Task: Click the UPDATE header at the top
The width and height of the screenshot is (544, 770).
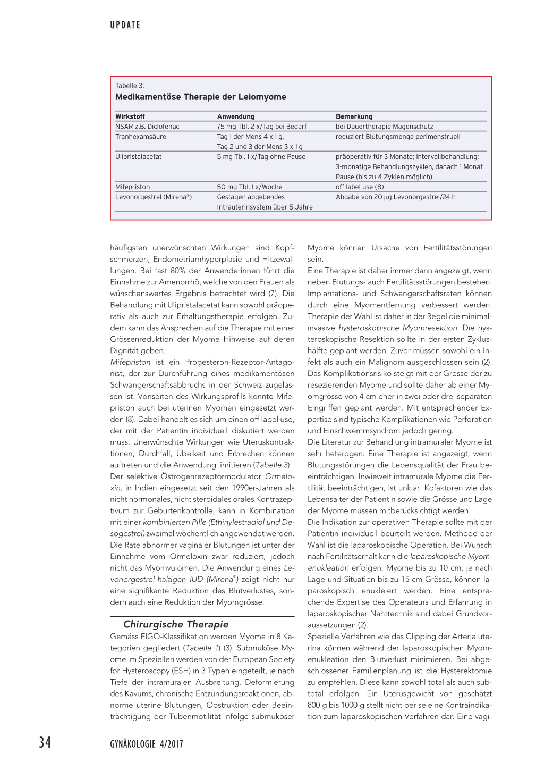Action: point(125,25)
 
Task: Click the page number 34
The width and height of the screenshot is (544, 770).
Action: point(45,742)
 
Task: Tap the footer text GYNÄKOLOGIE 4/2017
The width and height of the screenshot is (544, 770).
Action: point(147,744)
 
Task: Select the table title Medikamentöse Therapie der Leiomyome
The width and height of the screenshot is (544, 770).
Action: point(201,97)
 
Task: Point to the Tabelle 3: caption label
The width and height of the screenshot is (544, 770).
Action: point(130,86)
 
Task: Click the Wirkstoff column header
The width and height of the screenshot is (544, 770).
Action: point(130,116)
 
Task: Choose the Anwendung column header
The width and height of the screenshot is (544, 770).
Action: point(235,116)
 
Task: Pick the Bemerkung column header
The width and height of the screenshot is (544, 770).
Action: point(354,116)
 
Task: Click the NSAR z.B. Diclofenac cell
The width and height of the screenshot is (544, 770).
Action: point(147,127)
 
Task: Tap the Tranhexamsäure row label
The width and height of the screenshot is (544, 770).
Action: point(141,137)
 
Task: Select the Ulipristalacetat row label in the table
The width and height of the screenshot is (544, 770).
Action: point(139,157)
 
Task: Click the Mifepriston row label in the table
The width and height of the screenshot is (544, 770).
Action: point(133,187)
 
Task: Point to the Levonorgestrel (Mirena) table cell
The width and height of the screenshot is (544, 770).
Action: point(154,197)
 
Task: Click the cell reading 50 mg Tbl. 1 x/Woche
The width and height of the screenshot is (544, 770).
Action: point(250,187)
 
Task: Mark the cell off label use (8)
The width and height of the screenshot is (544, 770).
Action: point(360,187)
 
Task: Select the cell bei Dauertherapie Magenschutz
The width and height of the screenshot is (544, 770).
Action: point(384,127)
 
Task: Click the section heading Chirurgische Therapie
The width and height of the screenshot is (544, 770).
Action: point(176,624)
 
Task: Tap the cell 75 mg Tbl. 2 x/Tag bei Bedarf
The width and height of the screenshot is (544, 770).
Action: point(261,127)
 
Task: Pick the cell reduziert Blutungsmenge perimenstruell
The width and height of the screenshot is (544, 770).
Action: point(398,137)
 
